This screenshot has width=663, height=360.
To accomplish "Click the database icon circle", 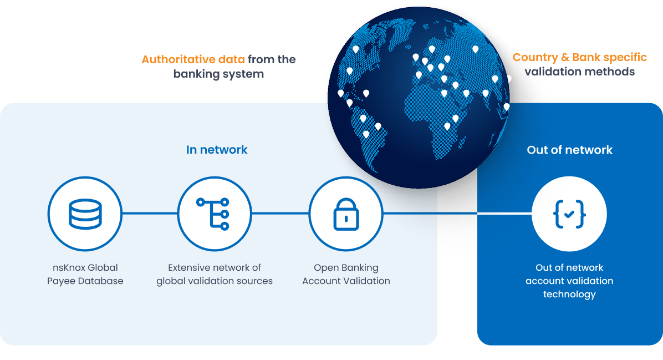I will click(x=85, y=214).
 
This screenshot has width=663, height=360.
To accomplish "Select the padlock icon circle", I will click(x=346, y=214).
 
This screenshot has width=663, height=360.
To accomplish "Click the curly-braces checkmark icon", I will click(x=569, y=214).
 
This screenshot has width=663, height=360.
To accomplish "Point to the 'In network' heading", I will click(x=217, y=150).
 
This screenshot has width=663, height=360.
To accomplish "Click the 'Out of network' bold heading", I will click(x=569, y=150).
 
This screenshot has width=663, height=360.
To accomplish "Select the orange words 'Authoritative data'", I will click(x=193, y=59).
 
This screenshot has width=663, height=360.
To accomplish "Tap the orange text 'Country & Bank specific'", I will click(x=579, y=58).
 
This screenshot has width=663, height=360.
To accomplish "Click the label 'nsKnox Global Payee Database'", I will click(x=85, y=274).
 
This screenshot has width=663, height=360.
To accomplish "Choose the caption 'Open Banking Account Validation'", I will click(x=346, y=274).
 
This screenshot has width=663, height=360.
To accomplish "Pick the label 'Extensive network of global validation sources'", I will click(x=215, y=274).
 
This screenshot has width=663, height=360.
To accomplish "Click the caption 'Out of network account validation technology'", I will click(x=569, y=281).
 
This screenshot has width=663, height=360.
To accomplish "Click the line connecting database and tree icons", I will click(x=150, y=213).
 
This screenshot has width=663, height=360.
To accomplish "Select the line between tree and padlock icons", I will click(x=280, y=213).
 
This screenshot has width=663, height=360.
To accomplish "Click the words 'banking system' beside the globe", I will click(x=218, y=74).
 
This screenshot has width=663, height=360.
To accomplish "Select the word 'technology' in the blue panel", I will click(x=569, y=294).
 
